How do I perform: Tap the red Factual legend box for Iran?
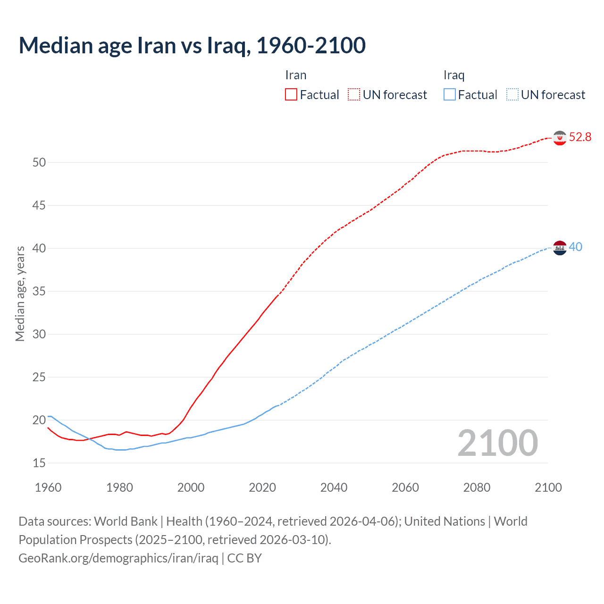[291, 95]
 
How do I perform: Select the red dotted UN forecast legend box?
[354, 95]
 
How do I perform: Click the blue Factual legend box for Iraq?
[449, 95]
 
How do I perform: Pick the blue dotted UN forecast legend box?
[512, 95]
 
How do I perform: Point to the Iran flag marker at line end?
[560, 138]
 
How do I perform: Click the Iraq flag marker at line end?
[560, 248]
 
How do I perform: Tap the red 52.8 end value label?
[580, 137]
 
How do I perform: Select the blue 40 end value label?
[575, 247]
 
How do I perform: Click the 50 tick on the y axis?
[39, 163]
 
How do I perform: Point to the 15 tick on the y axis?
[39, 463]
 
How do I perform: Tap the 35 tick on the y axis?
[39, 292]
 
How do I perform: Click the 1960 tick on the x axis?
[48, 487]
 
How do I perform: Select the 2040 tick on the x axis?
[334, 487]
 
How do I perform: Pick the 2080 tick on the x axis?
[477, 487]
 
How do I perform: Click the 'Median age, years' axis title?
[20, 294]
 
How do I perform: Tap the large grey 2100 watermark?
[497, 443]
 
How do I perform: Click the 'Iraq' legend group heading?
[454, 75]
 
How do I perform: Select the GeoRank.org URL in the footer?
[118, 558]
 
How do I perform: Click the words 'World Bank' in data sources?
[126, 521]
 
